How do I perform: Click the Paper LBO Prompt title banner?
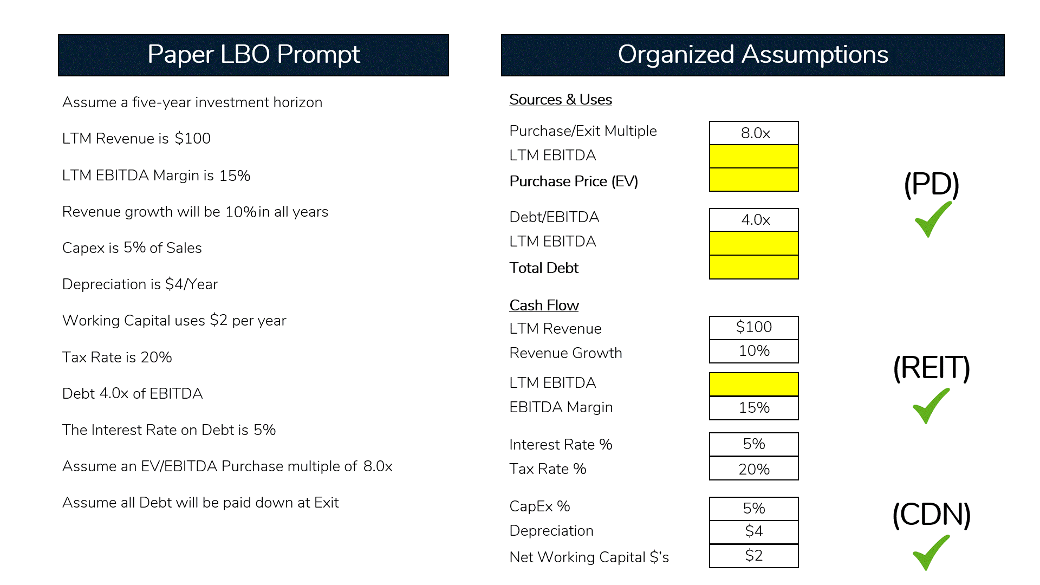[253, 55]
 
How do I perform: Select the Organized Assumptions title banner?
[752, 55]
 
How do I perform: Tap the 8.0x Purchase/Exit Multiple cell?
[753, 133]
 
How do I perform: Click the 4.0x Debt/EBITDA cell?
[753, 220]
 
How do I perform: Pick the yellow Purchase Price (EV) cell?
[753, 180]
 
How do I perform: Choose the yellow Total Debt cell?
[753, 267]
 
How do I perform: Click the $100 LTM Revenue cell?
[753, 327]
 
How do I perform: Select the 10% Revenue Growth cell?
[753, 351]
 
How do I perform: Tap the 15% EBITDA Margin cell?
[753, 408]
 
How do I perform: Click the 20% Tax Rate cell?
[753, 469]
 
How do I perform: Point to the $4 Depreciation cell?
[753, 531]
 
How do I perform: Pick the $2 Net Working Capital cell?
[753, 556]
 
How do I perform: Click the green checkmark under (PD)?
[932, 219]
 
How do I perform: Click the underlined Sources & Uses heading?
[561, 100]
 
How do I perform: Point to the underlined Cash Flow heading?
[544, 305]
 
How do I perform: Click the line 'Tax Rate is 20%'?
[117, 357]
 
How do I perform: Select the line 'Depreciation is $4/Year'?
[140, 284]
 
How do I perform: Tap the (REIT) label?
[931, 368]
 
